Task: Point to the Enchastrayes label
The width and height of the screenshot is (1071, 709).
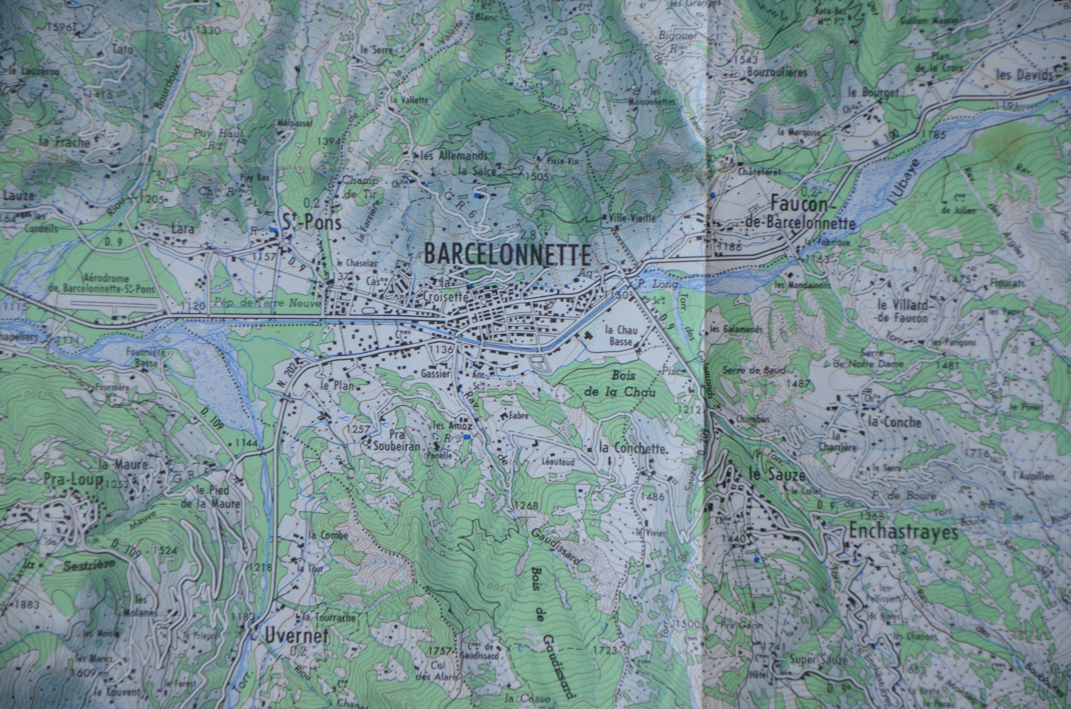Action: tap(903, 533)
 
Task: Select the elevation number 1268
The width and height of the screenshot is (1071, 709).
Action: tap(526, 506)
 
